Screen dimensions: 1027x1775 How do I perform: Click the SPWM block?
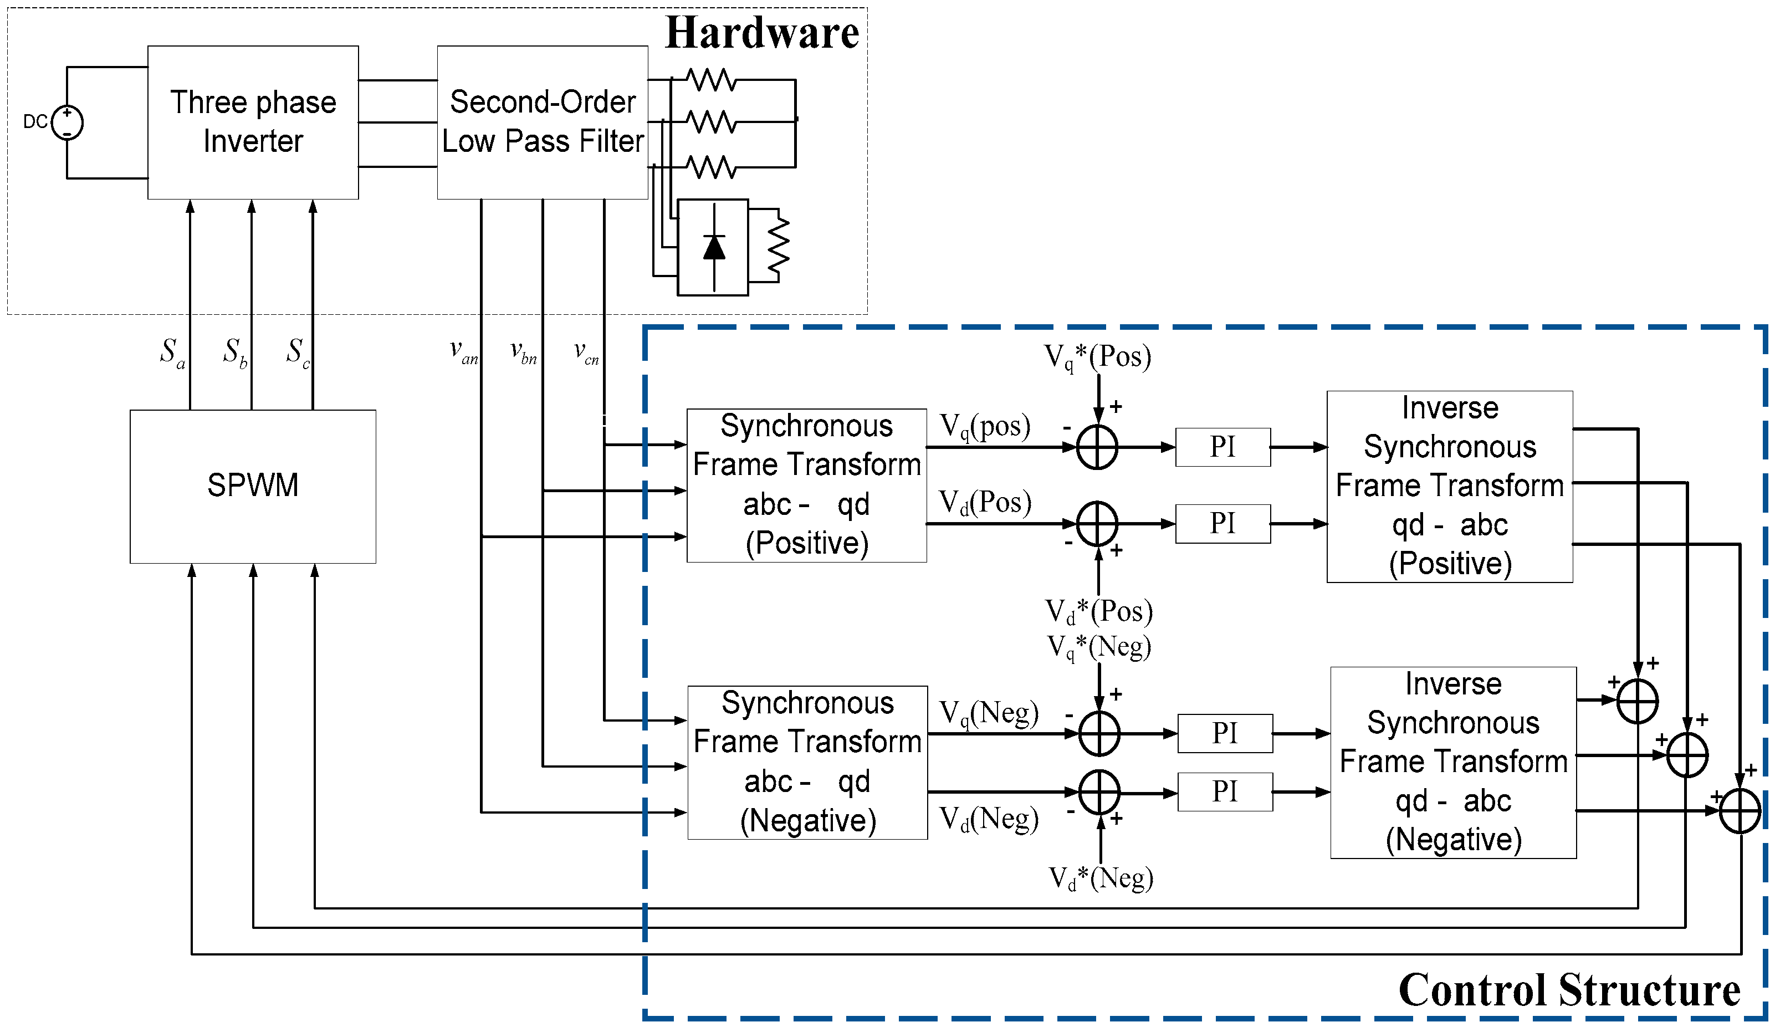(252, 486)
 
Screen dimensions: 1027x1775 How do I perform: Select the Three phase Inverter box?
(252, 122)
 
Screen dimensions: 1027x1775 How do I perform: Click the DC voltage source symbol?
(67, 122)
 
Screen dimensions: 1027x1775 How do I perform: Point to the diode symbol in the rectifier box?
(714, 247)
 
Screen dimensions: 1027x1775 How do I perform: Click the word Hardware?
(761, 33)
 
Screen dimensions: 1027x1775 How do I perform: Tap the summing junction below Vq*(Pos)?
(1097, 447)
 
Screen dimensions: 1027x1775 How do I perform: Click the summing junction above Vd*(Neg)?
(1099, 792)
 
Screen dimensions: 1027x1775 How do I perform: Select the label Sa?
(171, 351)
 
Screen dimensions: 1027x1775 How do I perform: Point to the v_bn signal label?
(523, 351)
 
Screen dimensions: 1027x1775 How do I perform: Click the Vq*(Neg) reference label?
(1098, 647)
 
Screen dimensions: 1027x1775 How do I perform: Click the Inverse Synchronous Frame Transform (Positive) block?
(1449, 486)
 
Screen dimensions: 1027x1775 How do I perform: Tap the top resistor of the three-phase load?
(712, 80)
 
